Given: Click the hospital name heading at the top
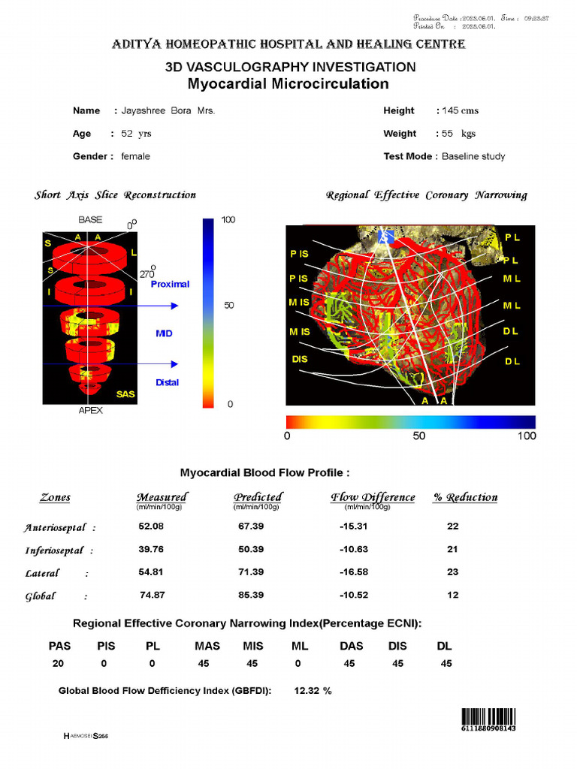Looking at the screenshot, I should pos(288,44).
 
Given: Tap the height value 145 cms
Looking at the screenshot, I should pos(460,111).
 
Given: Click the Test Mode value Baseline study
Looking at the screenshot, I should pos(473,156).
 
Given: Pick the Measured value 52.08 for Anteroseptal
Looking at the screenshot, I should pos(151,526).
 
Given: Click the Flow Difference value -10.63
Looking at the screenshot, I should pos(354,549).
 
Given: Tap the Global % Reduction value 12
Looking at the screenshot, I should pos(452,595).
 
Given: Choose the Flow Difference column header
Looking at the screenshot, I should pos(373,497).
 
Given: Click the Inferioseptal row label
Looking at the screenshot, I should pos(56,550).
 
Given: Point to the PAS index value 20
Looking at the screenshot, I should pos(59,664).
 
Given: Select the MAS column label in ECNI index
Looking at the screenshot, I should pos(207,646).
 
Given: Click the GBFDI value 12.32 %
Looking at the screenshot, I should pos(313,691).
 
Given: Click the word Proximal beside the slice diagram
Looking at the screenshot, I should pos(170,285).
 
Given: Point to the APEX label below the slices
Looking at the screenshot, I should pos(90,411).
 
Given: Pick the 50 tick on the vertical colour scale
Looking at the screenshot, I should pos(230,306).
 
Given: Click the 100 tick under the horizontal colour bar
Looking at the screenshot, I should pos(527,436).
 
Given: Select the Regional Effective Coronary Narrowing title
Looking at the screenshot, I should pos(426,195).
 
